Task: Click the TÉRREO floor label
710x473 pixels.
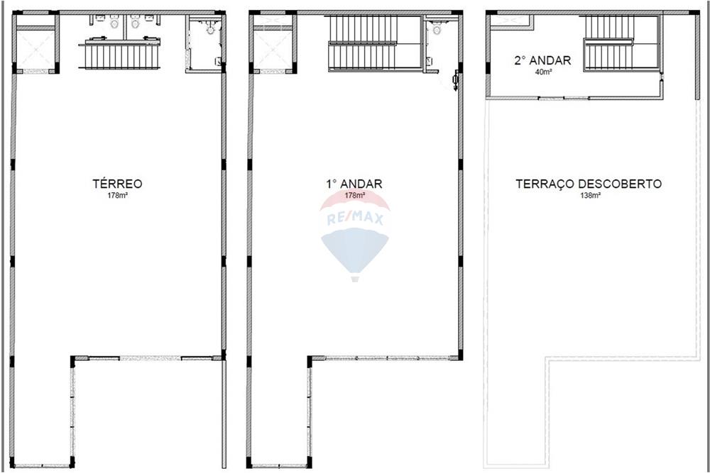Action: (x=117, y=184)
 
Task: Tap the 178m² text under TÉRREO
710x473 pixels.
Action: (x=117, y=195)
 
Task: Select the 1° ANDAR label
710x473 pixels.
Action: (x=354, y=184)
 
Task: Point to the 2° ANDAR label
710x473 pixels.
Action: (x=542, y=60)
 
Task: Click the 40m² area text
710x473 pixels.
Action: (x=542, y=71)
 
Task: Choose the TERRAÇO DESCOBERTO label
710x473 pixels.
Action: (x=589, y=184)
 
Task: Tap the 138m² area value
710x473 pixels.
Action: (x=589, y=195)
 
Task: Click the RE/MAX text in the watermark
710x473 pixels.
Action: (x=355, y=219)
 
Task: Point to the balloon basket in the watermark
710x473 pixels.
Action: (x=355, y=278)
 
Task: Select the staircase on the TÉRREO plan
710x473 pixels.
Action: (x=119, y=55)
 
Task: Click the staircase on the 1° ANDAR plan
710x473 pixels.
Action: (x=362, y=43)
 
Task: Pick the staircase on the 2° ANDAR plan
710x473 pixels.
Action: (x=609, y=43)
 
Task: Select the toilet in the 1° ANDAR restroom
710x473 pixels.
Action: (x=437, y=30)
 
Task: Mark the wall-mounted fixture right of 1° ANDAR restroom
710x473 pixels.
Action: (x=454, y=82)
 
